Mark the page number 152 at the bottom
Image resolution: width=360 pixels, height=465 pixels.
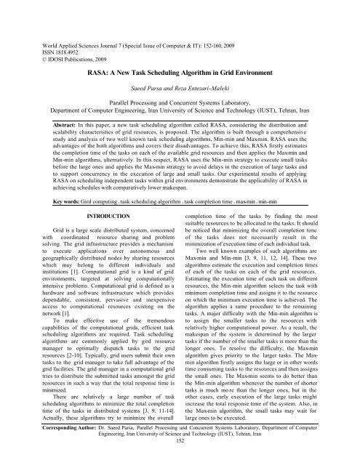point(180,458)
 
